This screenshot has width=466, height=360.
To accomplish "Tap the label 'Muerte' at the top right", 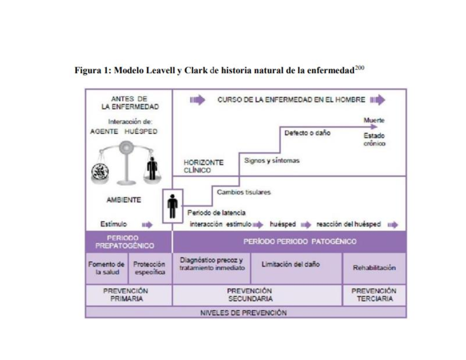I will (x=374, y=120).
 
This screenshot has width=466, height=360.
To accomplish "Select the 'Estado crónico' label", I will (x=374, y=140).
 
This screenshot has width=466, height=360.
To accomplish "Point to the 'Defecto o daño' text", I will (x=307, y=133).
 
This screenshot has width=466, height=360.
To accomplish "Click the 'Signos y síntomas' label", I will (x=271, y=160).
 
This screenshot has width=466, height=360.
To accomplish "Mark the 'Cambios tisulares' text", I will (x=243, y=192).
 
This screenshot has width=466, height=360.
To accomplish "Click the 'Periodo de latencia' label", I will (x=216, y=213).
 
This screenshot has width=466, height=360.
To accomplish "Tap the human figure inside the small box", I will (x=172, y=206).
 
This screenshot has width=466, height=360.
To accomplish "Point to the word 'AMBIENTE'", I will (x=123, y=200).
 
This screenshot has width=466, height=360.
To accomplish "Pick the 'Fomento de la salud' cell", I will (x=106, y=268).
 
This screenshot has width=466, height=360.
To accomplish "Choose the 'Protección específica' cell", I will (x=150, y=268).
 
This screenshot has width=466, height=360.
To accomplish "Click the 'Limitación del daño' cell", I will (x=290, y=264).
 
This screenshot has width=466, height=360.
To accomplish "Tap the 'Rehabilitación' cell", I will (x=374, y=268).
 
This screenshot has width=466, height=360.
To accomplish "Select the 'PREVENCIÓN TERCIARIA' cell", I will (x=374, y=295).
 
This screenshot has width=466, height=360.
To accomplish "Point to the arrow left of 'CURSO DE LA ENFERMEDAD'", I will (x=197, y=100).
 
